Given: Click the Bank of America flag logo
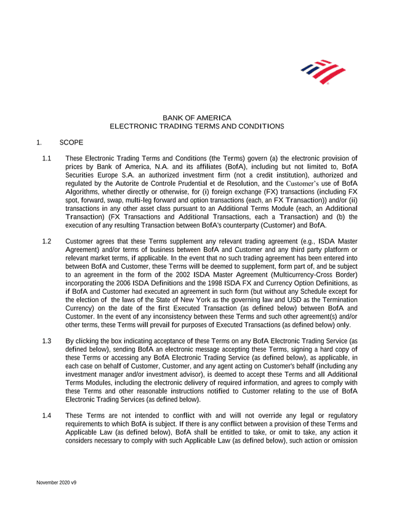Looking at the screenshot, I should [x=322, y=73].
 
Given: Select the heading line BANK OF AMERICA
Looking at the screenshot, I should [x=196, y=117].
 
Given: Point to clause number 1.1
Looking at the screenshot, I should [x=46, y=159].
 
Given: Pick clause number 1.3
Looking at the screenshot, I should [x=46, y=341].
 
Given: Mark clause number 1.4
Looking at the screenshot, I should [x=46, y=415].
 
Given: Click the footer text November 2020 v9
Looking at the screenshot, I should [x=56, y=483].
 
